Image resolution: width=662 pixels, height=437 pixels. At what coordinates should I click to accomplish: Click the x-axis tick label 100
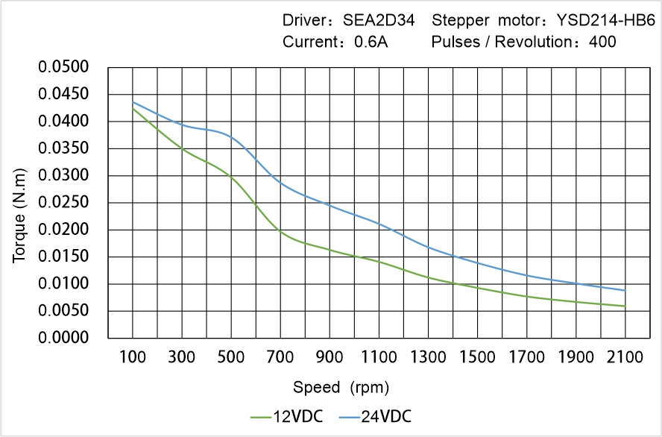[x=133, y=357]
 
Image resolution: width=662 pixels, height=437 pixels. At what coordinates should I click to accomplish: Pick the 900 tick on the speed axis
[x=330, y=357]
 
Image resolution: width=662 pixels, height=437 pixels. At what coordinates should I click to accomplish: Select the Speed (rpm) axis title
[x=341, y=387]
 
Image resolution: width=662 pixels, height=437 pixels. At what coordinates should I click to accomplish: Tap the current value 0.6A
[x=371, y=42]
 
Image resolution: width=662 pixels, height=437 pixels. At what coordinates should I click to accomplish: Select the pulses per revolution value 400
[x=602, y=42]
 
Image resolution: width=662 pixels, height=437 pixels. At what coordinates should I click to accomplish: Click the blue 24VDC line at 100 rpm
[x=133, y=102]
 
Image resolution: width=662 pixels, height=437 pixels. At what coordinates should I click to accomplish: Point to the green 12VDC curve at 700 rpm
[x=280, y=232]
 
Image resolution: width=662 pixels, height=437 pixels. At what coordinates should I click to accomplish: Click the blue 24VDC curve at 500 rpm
[x=231, y=137]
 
